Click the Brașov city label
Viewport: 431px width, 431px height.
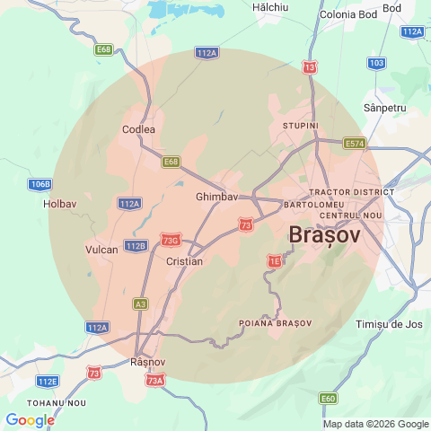point(324,234)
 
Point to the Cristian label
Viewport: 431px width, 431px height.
point(185,261)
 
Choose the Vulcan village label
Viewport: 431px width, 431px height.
point(101,250)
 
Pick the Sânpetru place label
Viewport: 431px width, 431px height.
point(385,108)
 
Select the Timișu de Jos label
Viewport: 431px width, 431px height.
point(389,323)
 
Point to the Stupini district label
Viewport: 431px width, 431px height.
point(301,126)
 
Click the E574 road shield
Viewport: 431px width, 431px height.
point(355,143)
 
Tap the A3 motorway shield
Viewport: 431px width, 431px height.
point(140,304)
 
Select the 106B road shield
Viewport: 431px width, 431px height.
point(40,184)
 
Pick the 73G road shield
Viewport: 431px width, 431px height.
point(171,240)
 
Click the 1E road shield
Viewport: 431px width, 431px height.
point(275,260)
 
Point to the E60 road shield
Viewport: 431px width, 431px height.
point(329,398)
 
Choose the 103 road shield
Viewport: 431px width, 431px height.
point(377,63)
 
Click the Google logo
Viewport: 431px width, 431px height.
point(30,419)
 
